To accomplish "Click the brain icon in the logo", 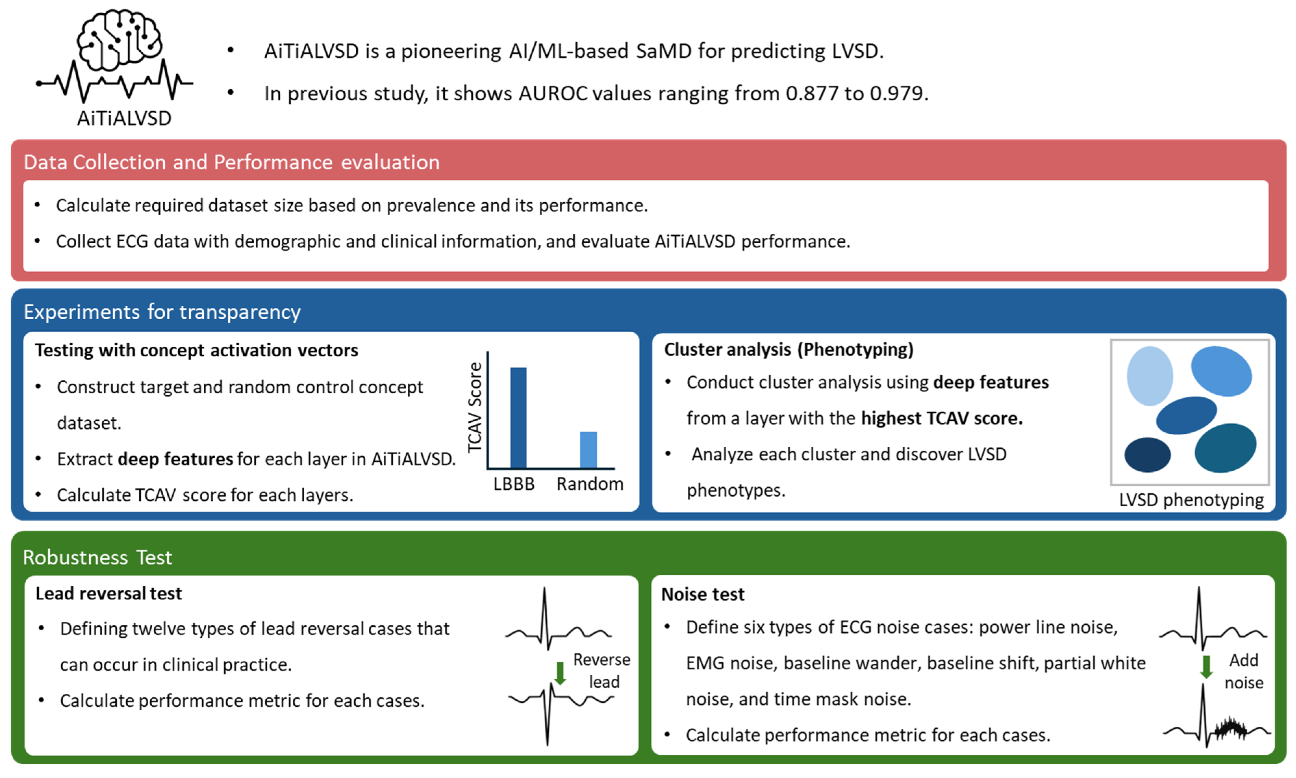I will tap(119, 40).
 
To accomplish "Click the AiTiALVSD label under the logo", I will tap(124, 118).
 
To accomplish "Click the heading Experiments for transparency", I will tap(162, 311).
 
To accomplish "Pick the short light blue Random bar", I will tap(588, 449).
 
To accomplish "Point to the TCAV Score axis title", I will tap(474, 407).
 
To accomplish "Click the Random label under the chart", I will tap(590, 483).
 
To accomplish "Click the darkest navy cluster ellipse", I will tap(1147, 455).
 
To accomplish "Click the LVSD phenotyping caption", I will tap(1191, 500).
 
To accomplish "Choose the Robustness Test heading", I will tap(98, 557).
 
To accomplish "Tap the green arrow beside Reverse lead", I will tap(560, 673).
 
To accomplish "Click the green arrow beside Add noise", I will tap(1206, 667).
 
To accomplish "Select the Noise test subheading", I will tap(702, 594).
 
